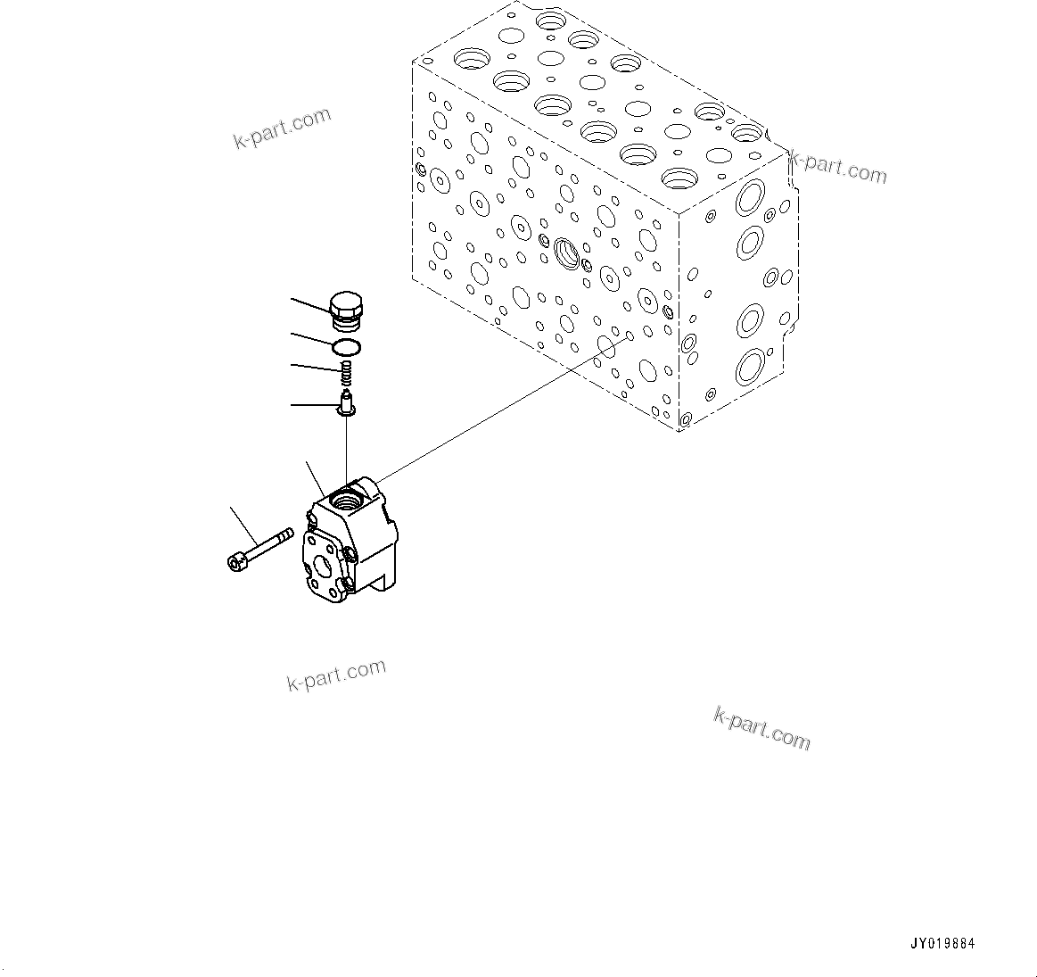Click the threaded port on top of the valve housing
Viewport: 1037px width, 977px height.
tap(346, 496)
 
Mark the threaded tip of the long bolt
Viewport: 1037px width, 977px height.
tap(284, 535)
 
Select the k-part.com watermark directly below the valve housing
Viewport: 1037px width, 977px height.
tap(336, 675)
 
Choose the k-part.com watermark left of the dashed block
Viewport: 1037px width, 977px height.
tap(282, 129)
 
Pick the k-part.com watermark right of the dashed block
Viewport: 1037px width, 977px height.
tap(838, 167)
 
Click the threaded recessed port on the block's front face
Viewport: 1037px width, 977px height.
tap(565, 253)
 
